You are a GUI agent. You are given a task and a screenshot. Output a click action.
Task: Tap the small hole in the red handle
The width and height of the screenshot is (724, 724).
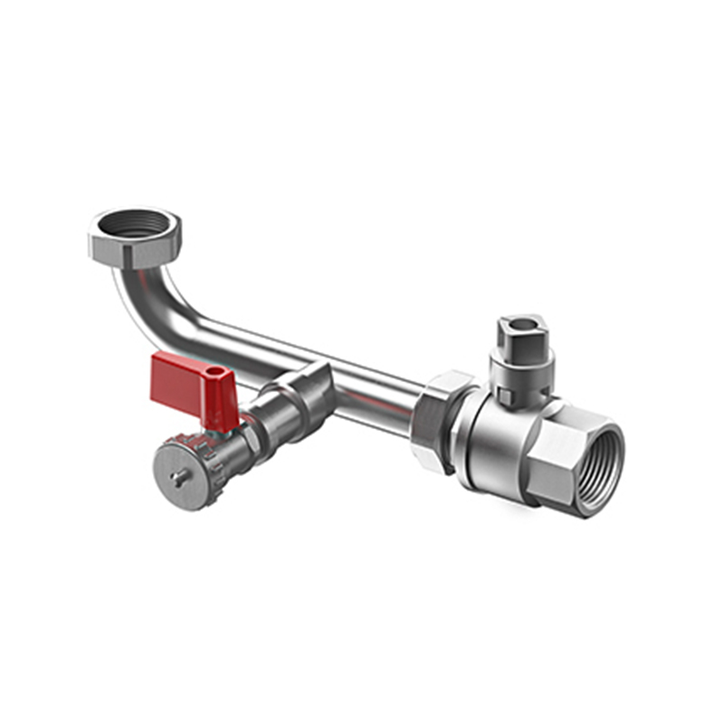(215, 371)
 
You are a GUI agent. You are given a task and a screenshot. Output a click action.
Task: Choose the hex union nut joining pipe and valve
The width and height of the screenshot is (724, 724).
(439, 421)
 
